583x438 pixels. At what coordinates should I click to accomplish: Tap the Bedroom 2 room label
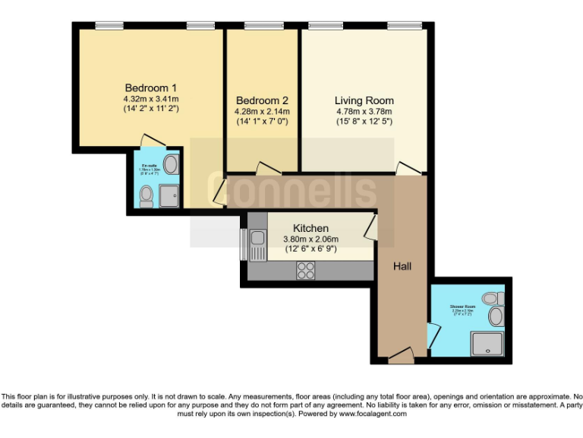pos(262,100)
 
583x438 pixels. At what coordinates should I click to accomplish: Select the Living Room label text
pos(364,100)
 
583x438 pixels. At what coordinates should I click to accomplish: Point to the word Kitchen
pos(310,228)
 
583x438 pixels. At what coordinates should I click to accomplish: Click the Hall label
pos(403,266)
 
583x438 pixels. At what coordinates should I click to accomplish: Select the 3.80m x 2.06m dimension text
pos(311,239)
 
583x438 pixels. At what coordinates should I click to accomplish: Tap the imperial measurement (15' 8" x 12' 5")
pos(364,121)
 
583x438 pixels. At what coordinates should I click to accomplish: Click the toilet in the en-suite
pos(147,197)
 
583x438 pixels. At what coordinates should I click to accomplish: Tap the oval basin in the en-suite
pos(171,165)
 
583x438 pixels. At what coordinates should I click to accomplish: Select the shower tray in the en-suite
pos(170,196)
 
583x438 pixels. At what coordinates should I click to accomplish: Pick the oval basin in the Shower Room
pos(495,316)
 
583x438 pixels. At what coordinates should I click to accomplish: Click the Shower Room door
pos(433,334)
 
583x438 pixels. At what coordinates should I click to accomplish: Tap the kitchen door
pos(370,226)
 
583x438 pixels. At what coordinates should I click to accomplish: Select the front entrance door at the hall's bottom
pos(400,354)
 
